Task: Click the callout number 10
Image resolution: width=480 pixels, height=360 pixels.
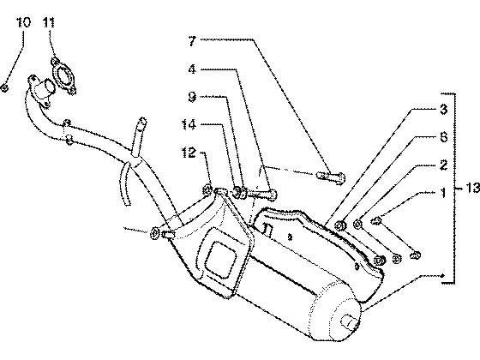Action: coord(24,22)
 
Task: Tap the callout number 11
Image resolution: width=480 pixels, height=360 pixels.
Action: coord(49,22)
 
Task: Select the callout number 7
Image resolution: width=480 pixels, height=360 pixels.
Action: coord(192,41)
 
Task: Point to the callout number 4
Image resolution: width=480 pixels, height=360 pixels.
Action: coord(192,69)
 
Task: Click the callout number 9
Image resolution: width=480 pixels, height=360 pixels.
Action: coord(192,97)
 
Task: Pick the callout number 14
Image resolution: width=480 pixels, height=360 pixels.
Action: coord(189,124)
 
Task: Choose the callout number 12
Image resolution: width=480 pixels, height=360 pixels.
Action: coord(189,153)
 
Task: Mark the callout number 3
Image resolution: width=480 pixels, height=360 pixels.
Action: coord(444,109)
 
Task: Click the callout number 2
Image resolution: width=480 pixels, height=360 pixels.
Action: coord(444,165)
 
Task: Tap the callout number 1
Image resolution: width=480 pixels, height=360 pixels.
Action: coord(442,193)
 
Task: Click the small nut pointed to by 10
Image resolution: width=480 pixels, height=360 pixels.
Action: coord(5,88)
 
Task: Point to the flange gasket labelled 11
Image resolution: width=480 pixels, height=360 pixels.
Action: coord(63,75)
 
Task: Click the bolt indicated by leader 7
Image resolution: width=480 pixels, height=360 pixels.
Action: coord(331,177)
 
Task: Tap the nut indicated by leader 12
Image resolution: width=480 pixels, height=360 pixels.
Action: coord(207,190)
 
